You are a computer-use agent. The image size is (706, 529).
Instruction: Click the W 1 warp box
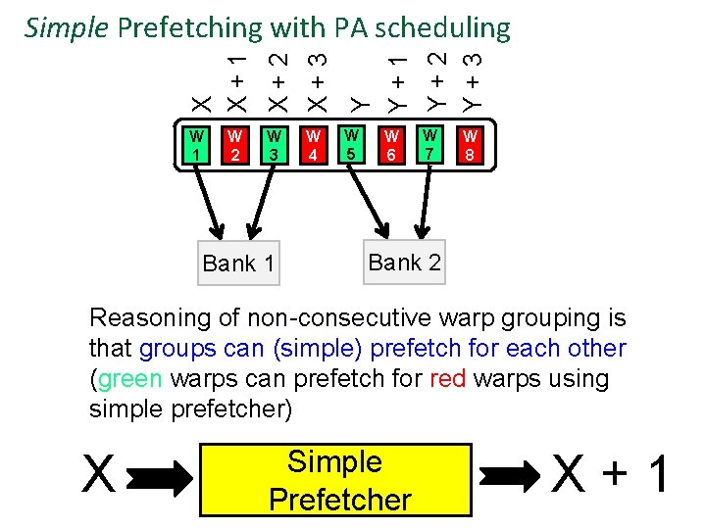tap(197, 145)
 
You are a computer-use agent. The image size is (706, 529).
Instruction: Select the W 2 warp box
tap(235, 145)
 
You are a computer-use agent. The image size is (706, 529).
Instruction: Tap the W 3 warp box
tap(275, 145)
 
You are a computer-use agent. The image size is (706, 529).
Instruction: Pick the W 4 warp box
tap(314, 145)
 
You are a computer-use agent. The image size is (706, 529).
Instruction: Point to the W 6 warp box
tap(391, 145)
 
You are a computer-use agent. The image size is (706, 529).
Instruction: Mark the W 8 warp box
tap(471, 145)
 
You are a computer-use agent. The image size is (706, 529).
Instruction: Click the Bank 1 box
tap(238, 263)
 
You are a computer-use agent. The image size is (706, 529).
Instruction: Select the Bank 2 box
tap(404, 262)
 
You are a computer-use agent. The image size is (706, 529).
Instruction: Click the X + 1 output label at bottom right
tap(612, 477)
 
